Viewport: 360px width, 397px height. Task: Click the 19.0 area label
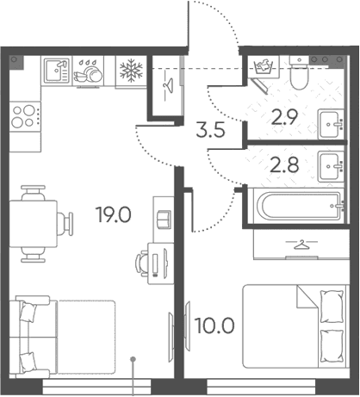coord(115,215)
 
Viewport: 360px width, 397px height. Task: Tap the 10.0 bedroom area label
coord(214,326)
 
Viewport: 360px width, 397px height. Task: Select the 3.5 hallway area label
coord(210,130)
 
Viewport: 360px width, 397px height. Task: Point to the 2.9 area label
coord(284,117)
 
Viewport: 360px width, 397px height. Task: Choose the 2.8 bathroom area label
coord(284,165)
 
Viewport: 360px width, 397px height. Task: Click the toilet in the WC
coord(299,73)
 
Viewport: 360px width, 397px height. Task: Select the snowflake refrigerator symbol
coord(131,71)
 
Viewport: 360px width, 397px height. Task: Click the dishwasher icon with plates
coord(89,71)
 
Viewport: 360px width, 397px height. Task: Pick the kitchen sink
coord(57,71)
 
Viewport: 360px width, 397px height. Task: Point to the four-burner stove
coord(25,116)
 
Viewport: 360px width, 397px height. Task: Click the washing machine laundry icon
coord(264,67)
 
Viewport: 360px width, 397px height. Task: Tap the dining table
coord(34,224)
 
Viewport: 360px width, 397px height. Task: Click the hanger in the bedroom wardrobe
coord(301,245)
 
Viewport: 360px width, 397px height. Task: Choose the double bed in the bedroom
coord(295,326)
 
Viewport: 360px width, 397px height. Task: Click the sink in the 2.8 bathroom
coord(331,167)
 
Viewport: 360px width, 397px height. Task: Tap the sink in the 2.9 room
coord(331,125)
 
